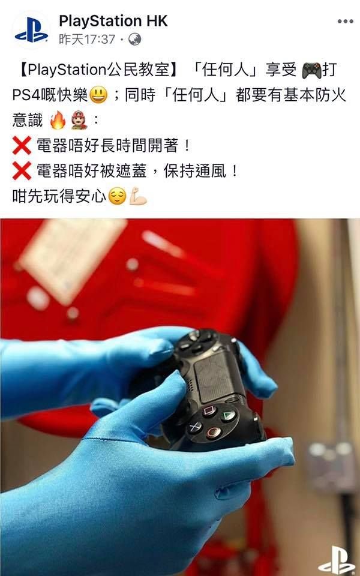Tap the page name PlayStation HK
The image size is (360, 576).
click(x=113, y=21)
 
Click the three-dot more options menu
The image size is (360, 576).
click(x=346, y=22)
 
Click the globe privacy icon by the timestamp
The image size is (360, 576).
click(x=135, y=40)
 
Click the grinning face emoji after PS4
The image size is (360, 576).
click(x=98, y=95)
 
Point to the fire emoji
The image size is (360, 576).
click(x=58, y=120)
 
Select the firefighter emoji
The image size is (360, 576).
click(x=79, y=120)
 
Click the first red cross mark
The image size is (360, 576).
click(x=22, y=145)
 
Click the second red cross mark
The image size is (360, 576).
click(x=22, y=171)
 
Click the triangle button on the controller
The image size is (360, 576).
click(x=229, y=415)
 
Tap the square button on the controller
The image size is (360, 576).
click(x=210, y=410)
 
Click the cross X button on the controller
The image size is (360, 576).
click(x=194, y=427)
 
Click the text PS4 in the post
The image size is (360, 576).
click(x=25, y=95)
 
